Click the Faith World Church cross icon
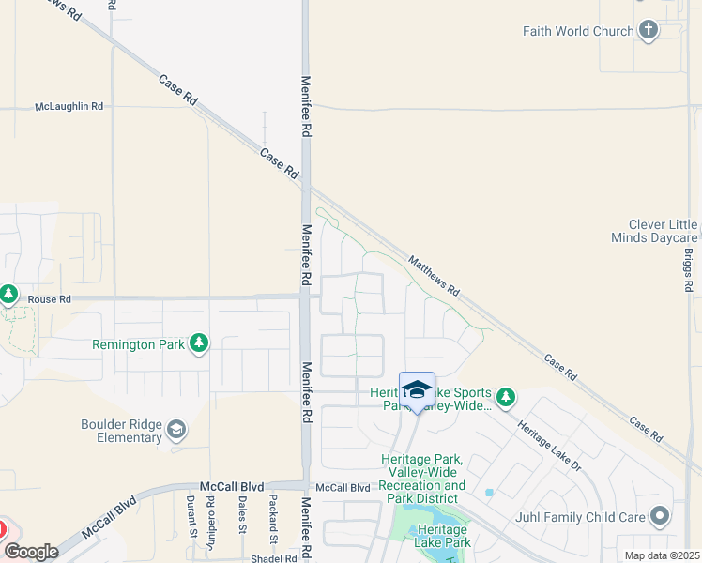click(x=648, y=31)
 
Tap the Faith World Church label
click(x=578, y=31)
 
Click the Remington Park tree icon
click(x=198, y=344)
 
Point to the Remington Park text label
click(x=138, y=344)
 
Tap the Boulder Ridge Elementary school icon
click(x=175, y=431)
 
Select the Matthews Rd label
click(x=434, y=277)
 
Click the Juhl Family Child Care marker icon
click(x=660, y=516)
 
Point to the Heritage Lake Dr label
click(x=551, y=431)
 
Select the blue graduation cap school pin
click(x=417, y=389)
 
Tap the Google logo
click(x=32, y=552)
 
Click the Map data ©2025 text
click(x=661, y=555)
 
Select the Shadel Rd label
click(x=273, y=557)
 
